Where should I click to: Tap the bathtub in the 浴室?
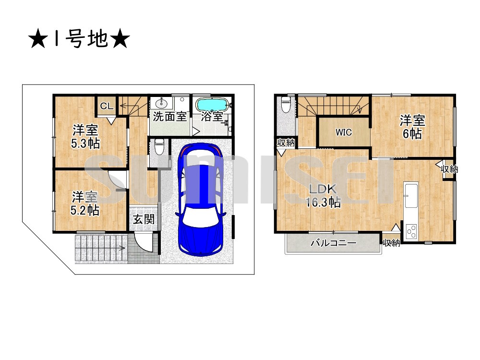(x=212, y=104)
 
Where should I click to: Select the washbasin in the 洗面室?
(x=162, y=103)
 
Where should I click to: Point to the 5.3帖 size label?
(x=86, y=143)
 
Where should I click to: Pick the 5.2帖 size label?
(x=86, y=210)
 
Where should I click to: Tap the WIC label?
(x=344, y=132)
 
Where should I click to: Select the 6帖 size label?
(x=412, y=134)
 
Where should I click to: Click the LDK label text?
(x=324, y=189)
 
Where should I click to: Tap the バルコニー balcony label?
(x=333, y=243)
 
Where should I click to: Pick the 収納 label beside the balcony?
(x=391, y=243)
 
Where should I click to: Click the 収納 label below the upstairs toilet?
(x=287, y=142)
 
